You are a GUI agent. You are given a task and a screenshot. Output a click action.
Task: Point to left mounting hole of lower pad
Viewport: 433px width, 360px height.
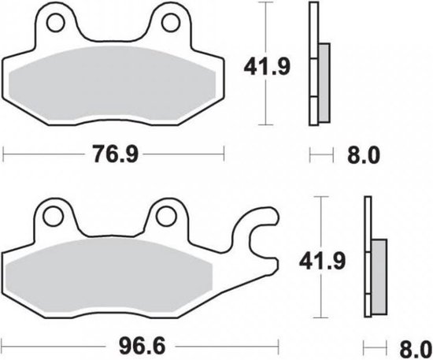pos(54,214)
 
